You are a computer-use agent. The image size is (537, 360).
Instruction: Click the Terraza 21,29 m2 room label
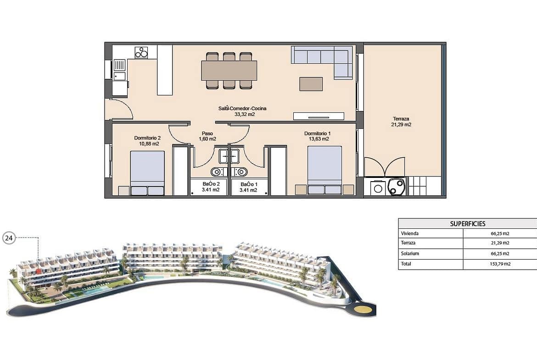click(x=401, y=122)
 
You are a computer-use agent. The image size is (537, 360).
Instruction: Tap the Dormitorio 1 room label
click(x=317, y=133)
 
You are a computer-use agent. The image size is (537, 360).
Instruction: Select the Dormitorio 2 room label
click(x=147, y=138)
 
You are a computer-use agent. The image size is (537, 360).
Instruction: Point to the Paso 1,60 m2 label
click(x=207, y=136)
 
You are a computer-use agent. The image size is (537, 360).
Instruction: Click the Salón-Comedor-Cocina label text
click(x=242, y=109)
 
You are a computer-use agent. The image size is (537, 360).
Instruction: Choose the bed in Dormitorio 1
click(x=324, y=170)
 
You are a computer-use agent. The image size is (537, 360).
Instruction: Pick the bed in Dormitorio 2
click(x=147, y=173)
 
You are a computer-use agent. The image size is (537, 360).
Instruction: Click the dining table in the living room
click(x=229, y=71)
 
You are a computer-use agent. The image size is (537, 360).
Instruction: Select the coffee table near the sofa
click(x=311, y=84)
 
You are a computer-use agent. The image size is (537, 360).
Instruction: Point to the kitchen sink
click(x=119, y=70)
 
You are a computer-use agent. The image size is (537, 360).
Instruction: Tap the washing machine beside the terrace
click(x=378, y=188)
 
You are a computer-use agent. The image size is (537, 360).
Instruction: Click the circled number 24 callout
click(x=9, y=238)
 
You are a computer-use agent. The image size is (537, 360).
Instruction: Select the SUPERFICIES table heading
click(x=468, y=224)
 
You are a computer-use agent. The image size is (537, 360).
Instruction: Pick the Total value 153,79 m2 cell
click(x=500, y=264)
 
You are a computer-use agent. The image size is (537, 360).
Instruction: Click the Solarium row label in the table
click(x=410, y=254)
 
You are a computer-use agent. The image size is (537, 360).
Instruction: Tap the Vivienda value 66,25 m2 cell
click(x=500, y=234)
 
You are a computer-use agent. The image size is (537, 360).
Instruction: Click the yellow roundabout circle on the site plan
click(x=362, y=310)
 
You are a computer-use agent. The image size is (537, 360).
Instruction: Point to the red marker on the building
click(x=39, y=271)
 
